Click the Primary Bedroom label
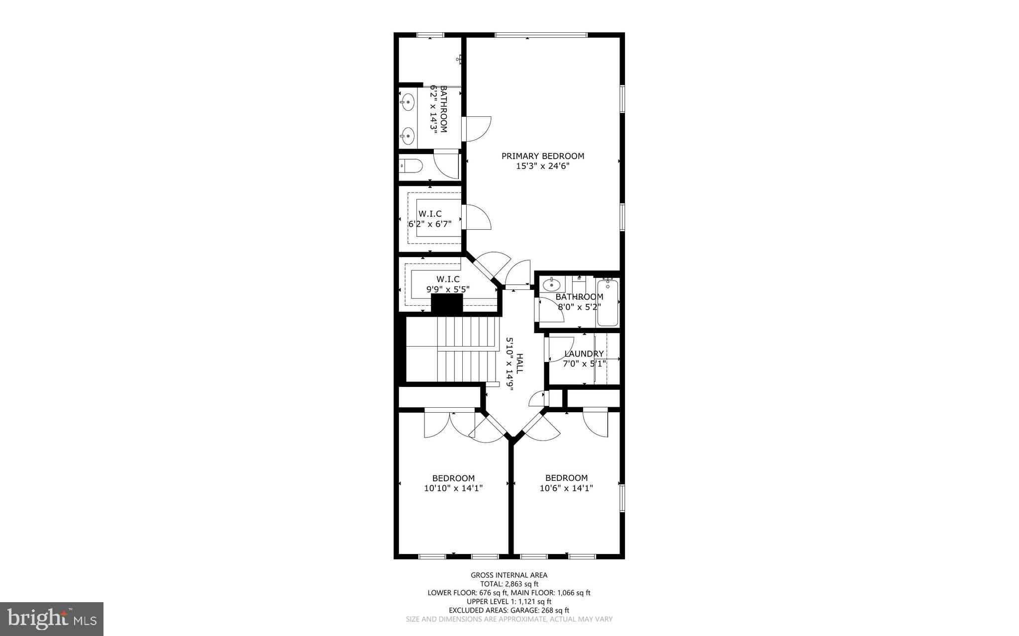[x=542, y=156]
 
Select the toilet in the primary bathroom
[x=411, y=165]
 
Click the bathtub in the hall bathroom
[x=608, y=303]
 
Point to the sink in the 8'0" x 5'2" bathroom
[x=551, y=286]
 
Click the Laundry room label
[x=584, y=354]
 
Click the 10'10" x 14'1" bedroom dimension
[x=453, y=489]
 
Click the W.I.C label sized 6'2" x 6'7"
[x=430, y=214]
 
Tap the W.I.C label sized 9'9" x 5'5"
[x=448, y=279]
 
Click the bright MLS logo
[x=52, y=619]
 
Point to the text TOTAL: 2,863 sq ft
[x=509, y=584]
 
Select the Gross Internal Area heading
[x=509, y=575]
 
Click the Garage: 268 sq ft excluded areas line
[x=509, y=611]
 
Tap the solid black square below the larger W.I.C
[x=446, y=303]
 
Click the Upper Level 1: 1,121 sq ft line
[x=509, y=602]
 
